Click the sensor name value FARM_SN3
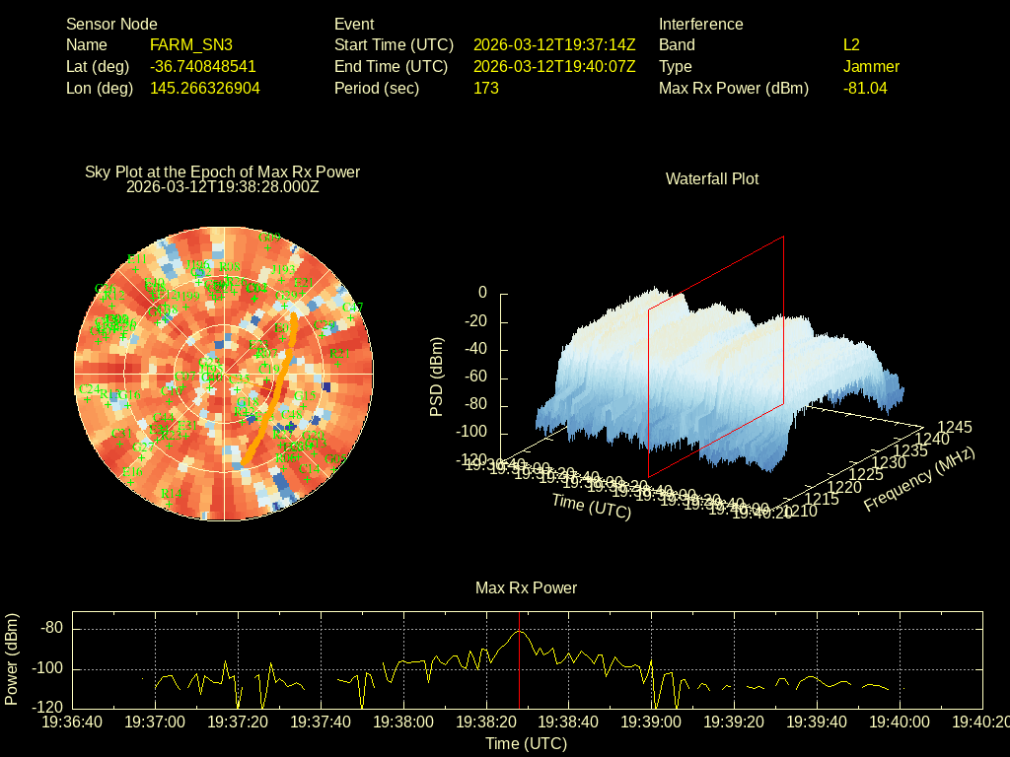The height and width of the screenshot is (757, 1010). [191, 45]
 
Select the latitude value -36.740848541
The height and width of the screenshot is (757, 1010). [203, 67]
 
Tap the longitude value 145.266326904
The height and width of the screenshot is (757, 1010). [205, 89]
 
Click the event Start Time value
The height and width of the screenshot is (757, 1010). [554, 45]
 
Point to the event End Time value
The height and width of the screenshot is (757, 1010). [554, 67]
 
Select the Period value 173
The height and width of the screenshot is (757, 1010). [486, 89]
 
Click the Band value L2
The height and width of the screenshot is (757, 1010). [851, 45]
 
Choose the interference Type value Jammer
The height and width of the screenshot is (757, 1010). [871, 67]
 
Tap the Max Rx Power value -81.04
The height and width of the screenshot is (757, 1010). [865, 89]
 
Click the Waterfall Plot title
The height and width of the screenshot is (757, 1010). [712, 179]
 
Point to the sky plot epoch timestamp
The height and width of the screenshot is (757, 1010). [223, 186]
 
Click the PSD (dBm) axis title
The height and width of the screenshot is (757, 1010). [437, 377]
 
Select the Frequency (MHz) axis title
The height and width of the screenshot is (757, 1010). [919, 479]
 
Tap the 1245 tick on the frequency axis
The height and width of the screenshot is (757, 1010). [954, 428]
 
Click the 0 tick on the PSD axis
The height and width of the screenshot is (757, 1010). [482, 293]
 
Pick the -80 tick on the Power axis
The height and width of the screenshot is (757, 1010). [53, 629]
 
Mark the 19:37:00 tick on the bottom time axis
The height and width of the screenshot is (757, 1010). [156, 722]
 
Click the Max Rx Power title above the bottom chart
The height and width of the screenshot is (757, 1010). [526, 588]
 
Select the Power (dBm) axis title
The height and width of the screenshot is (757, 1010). [12, 658]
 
